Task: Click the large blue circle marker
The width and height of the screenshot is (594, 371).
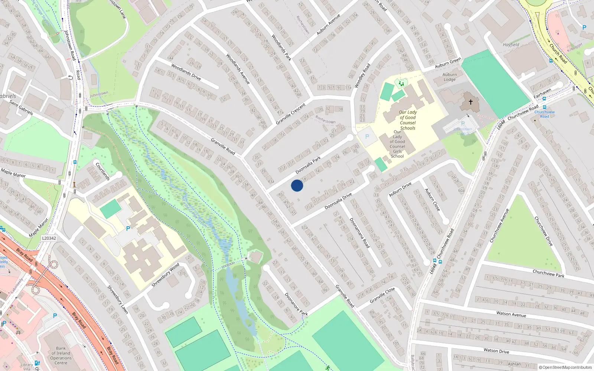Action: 297,185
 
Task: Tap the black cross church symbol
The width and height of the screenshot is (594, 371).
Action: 470,102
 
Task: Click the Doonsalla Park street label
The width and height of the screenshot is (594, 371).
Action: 308,165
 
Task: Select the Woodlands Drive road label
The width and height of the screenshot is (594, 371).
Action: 186,72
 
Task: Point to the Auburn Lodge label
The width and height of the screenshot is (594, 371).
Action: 450,77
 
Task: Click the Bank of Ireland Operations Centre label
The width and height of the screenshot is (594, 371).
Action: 61,355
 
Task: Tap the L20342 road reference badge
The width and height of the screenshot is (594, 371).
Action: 49,238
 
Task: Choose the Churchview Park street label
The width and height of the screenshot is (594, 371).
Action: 548,274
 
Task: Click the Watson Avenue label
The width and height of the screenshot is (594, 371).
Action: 511,314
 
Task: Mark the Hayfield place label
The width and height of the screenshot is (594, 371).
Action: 511,45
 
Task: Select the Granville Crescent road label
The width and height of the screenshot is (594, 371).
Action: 291,114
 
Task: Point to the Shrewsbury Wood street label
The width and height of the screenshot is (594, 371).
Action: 166,275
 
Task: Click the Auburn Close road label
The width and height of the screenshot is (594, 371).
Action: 433,200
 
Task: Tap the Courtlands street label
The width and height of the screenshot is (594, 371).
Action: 102,171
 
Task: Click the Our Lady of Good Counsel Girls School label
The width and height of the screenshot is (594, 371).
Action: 397,144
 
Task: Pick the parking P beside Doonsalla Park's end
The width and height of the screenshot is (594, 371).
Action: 367,137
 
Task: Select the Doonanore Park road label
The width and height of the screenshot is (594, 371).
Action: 296,304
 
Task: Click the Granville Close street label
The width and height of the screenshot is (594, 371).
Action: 382,295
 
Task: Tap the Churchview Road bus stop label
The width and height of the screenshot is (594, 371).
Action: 545,114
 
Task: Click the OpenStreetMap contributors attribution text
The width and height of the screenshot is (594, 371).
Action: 565,367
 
